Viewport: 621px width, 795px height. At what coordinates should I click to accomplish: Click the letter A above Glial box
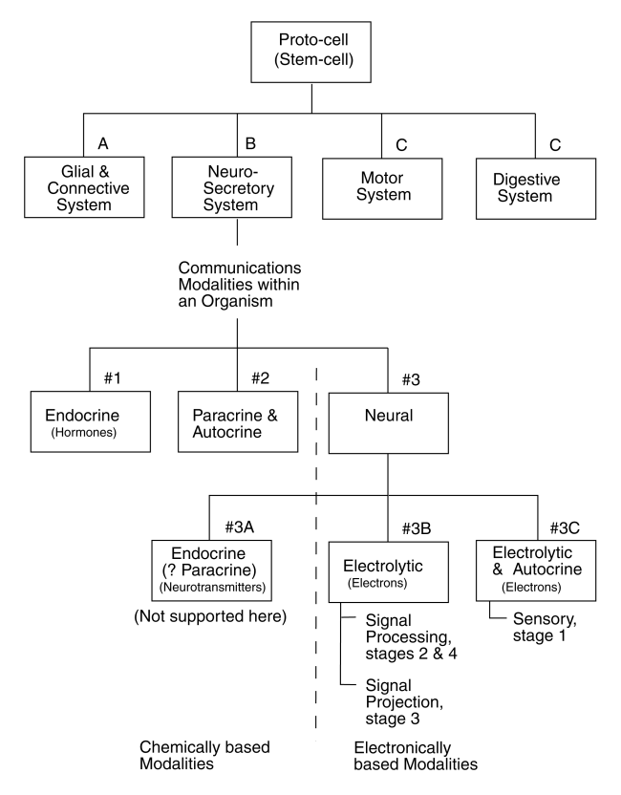point(105,145)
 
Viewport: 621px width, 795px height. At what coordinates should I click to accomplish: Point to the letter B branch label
point(252,145)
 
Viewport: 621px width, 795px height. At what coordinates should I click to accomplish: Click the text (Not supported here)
point(210,616)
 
